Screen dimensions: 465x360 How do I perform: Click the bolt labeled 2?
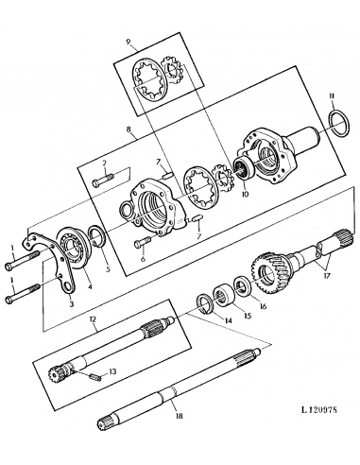(x=111, y=176)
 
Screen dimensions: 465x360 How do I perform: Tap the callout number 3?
(x=70, y=304)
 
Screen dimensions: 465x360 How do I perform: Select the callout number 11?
(x=331, y=96)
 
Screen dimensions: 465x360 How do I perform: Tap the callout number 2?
(x=105, y=162)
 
